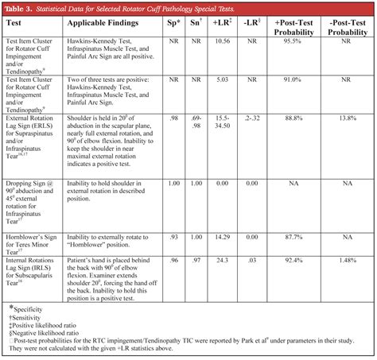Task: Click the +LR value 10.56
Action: pyautogui.click(x=222, y=40)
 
